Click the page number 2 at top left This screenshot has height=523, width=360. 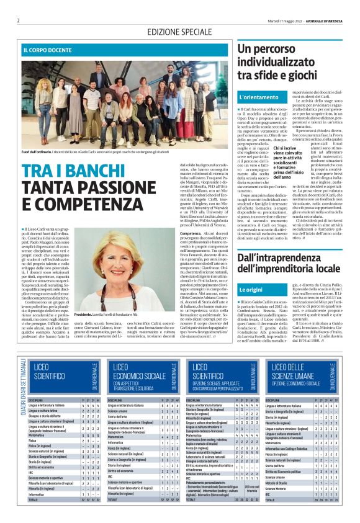tap(18, 20)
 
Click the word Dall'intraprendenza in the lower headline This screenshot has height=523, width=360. tap(275, 256)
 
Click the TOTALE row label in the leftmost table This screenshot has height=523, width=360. tap(36, 516)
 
